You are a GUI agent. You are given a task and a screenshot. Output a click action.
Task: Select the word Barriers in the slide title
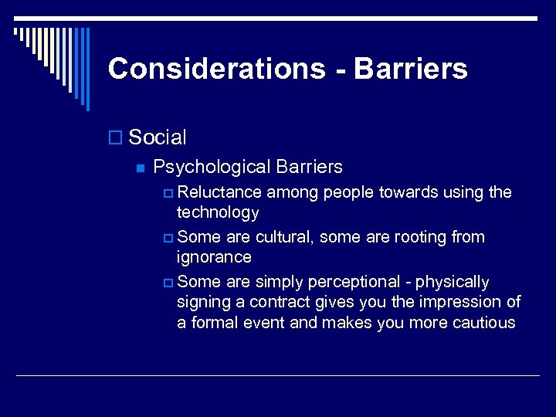point(411,69)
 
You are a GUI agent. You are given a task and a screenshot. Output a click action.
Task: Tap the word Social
point(158,137)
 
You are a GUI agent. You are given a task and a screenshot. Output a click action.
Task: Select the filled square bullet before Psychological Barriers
point(139,168)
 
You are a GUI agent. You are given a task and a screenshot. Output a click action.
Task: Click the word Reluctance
point(224,192)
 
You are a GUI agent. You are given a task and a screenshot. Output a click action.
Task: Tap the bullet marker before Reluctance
point(170,193)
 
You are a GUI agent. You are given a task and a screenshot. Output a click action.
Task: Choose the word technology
point(218,212)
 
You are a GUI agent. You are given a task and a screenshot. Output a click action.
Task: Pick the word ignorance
point(214,256)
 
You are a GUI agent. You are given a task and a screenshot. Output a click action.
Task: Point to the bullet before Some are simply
point(170,283)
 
